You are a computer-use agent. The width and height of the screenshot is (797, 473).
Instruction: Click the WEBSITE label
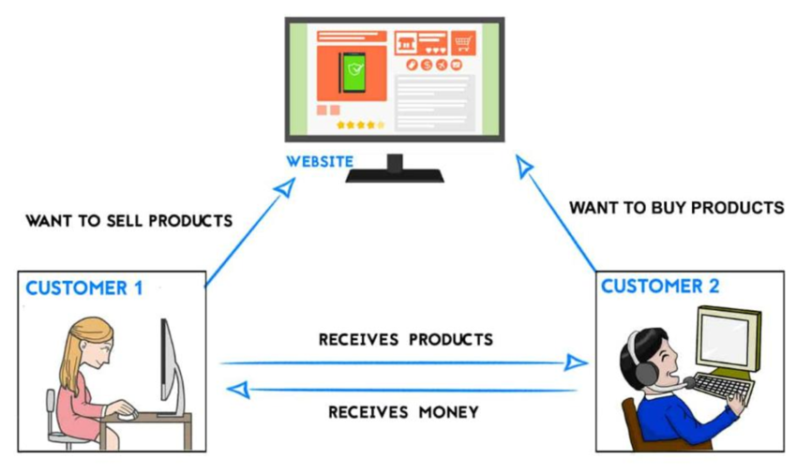point(320,161)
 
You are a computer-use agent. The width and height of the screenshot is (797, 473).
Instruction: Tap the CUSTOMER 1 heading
point(84,288)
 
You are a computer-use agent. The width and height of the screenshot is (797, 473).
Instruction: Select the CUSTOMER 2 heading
point(660,287)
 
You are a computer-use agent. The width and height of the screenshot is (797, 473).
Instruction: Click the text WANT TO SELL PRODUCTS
point(128,222)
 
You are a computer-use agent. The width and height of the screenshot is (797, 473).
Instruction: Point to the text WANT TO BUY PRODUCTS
point(676,207)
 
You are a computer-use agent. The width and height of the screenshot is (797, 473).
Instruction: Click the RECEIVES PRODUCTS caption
point(405,339)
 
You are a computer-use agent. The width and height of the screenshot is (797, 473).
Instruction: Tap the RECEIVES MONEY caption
point(404,411)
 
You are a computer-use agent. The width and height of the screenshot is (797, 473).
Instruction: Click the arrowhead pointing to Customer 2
point(577,362)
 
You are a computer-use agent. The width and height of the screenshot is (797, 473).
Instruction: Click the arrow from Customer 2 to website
point(558,214)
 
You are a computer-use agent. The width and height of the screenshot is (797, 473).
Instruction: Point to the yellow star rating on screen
point(360,125)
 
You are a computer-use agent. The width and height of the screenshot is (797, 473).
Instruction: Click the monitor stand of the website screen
point(394,168)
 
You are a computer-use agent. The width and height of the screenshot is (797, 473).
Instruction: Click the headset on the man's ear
point(645,371)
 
